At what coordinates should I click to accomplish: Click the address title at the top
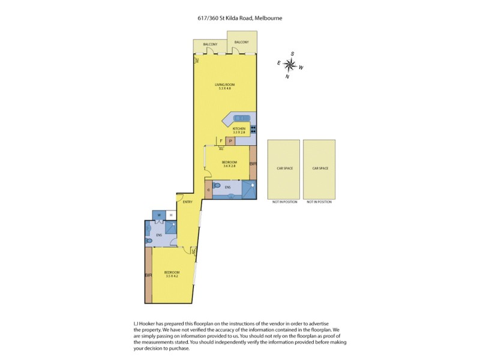click(240, 18)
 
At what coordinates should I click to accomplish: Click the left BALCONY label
click(209, 45)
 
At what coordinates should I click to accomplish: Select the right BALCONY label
click(241, 42)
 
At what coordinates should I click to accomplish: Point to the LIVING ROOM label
click(225, 87)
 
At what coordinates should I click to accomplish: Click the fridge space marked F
click(221, 142)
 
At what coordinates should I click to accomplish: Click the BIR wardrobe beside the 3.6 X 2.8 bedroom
click(253, 163)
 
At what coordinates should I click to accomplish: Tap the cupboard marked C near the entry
click(208, 189)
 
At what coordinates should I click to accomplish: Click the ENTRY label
click(188, 202)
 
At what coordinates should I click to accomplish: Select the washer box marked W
click(160, 215)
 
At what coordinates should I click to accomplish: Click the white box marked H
click(171, 215)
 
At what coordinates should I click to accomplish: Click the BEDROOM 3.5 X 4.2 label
click(172, 274)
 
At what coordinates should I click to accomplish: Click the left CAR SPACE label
click(284, 169)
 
